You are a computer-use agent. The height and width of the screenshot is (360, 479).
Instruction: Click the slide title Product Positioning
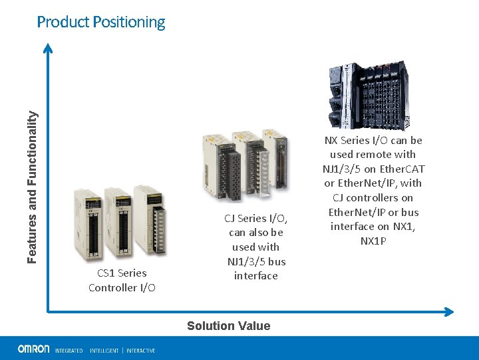tap(101, 22)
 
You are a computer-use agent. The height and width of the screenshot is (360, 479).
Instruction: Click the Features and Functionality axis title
tap(32, 185)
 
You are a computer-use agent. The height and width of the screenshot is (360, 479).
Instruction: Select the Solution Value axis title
tap(228, 326)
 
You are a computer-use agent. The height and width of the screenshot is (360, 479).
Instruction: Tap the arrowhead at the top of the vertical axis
tap(48, 47)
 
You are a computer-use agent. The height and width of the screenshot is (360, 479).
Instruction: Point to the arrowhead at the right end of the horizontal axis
tap(449, 311)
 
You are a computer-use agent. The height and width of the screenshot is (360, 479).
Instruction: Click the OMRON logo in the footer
tap(33, 349)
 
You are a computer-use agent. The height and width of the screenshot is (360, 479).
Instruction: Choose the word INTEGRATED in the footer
tap(69, 350)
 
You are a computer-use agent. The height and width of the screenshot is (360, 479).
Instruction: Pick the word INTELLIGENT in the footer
tap(104, 350)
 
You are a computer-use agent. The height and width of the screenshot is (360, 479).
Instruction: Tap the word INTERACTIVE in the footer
tap(141, 350)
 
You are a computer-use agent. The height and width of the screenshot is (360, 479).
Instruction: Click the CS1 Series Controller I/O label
tap(122, 280)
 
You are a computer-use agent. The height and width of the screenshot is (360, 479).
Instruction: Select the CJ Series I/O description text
tap(255, 247)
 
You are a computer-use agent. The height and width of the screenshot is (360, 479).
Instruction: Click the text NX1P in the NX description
tap(373, 241)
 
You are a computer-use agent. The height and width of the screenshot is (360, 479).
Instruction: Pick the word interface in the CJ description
tap(255, 275)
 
